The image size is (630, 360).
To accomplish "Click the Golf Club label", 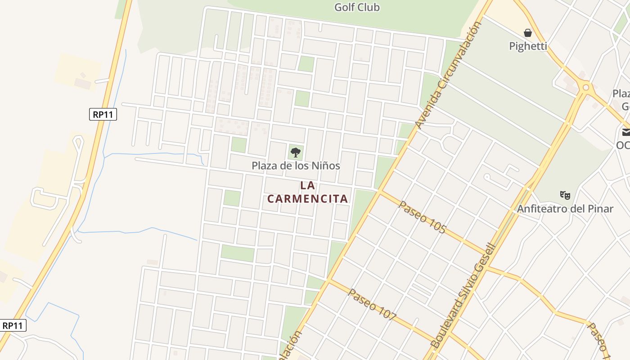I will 357,7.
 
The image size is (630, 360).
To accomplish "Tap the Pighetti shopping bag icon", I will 528,33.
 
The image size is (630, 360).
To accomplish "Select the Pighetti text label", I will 528,46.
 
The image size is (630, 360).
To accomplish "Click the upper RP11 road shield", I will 103,114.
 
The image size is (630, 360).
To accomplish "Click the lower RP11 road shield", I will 13,325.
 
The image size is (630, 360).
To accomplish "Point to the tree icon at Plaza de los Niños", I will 295,152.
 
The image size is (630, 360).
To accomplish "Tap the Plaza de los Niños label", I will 296,166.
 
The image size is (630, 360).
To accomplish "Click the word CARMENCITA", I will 308,198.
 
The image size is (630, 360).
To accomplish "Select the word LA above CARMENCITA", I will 308,185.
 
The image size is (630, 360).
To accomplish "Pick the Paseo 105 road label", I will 422,217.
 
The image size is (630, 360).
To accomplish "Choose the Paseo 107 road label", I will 372,305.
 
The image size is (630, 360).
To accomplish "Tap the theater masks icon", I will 565,195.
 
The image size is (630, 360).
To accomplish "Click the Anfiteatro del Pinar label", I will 565,209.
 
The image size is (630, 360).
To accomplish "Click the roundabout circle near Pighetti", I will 585,87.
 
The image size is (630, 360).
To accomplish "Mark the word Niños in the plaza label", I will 326,166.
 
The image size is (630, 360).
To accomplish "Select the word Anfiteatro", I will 541,209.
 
